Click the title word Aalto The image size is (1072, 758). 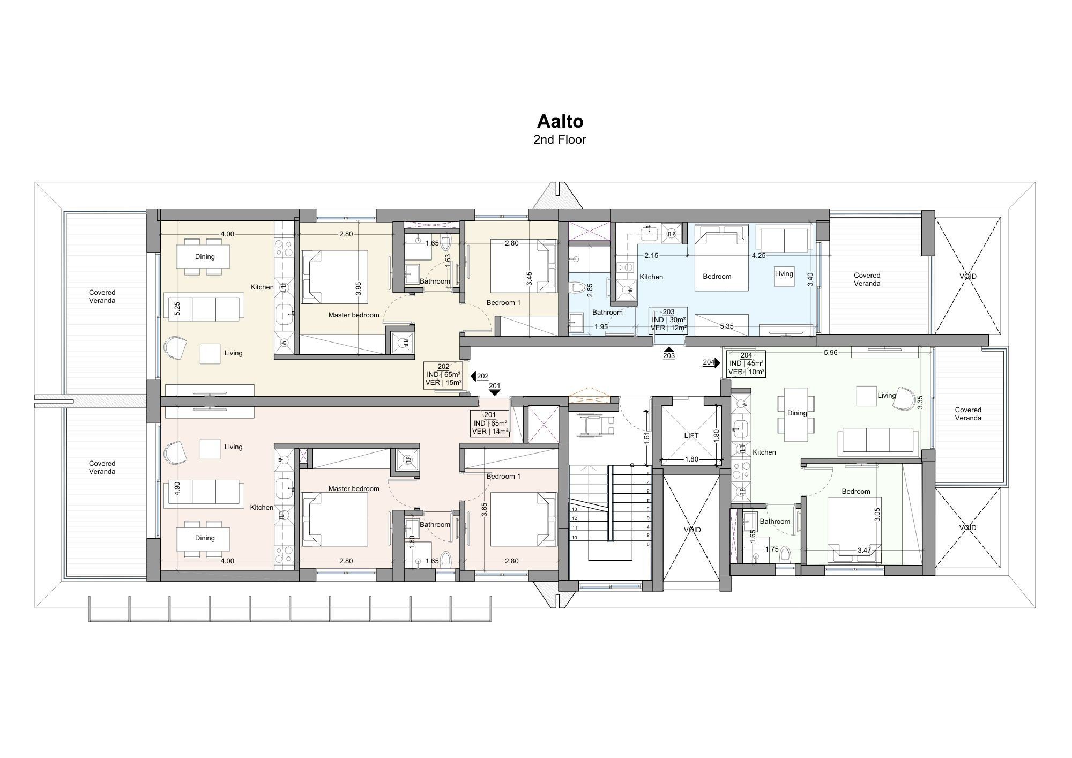point(560,121)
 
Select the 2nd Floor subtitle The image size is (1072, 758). point(560,139)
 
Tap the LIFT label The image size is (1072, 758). point(691,435)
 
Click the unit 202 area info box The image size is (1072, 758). point(443,375)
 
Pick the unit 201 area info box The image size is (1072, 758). point(490,423)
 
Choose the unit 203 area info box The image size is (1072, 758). point(668,320)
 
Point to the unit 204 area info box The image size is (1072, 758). point(746,363)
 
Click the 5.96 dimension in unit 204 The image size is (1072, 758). point(830,353)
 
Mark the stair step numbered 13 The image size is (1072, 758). point(575,509)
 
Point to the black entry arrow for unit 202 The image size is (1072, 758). point(473,376)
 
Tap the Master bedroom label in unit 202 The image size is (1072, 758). point(354,315)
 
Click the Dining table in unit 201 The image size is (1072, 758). point(205,538)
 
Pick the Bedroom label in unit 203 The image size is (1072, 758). point(717,277)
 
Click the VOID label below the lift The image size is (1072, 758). point(692,530)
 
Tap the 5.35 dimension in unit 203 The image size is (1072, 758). point(727,326)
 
